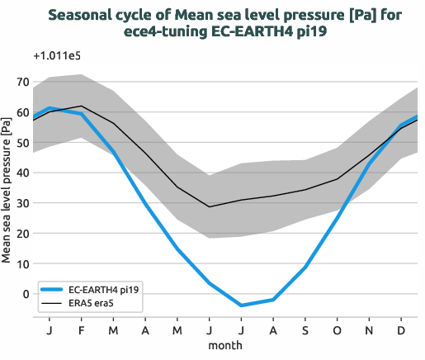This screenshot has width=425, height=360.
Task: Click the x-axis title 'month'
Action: pyautogui.click(x=224, y=343)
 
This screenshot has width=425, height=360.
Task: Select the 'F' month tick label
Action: pyautogui.click(x=81, y=329)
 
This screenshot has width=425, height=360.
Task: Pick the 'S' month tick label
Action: pyautogui.click(x=305, y=329)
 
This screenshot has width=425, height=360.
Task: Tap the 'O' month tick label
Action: pyautogui.click(x=338, y=329)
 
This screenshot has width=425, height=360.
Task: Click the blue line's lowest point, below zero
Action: pyautogui.click(x=242, y=306)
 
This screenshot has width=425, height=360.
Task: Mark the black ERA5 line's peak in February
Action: pyautogui.click(x=81, y=106)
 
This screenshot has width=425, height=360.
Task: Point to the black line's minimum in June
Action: pyautogui.click(x=210, y=206)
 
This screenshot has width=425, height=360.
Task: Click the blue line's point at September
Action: pyautogui.click(x=305, y=267)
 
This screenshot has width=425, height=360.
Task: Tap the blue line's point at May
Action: pyautogui.click(x=177, y=249)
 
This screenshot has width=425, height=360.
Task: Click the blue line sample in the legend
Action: pyautogui.click(x=54, y=289)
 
